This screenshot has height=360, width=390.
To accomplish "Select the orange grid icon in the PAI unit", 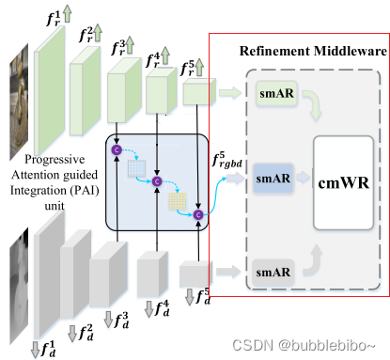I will pyautogui.click(x=176, y=201).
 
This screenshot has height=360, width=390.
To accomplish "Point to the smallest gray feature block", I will pyautogui.click(x=195, y=274).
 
